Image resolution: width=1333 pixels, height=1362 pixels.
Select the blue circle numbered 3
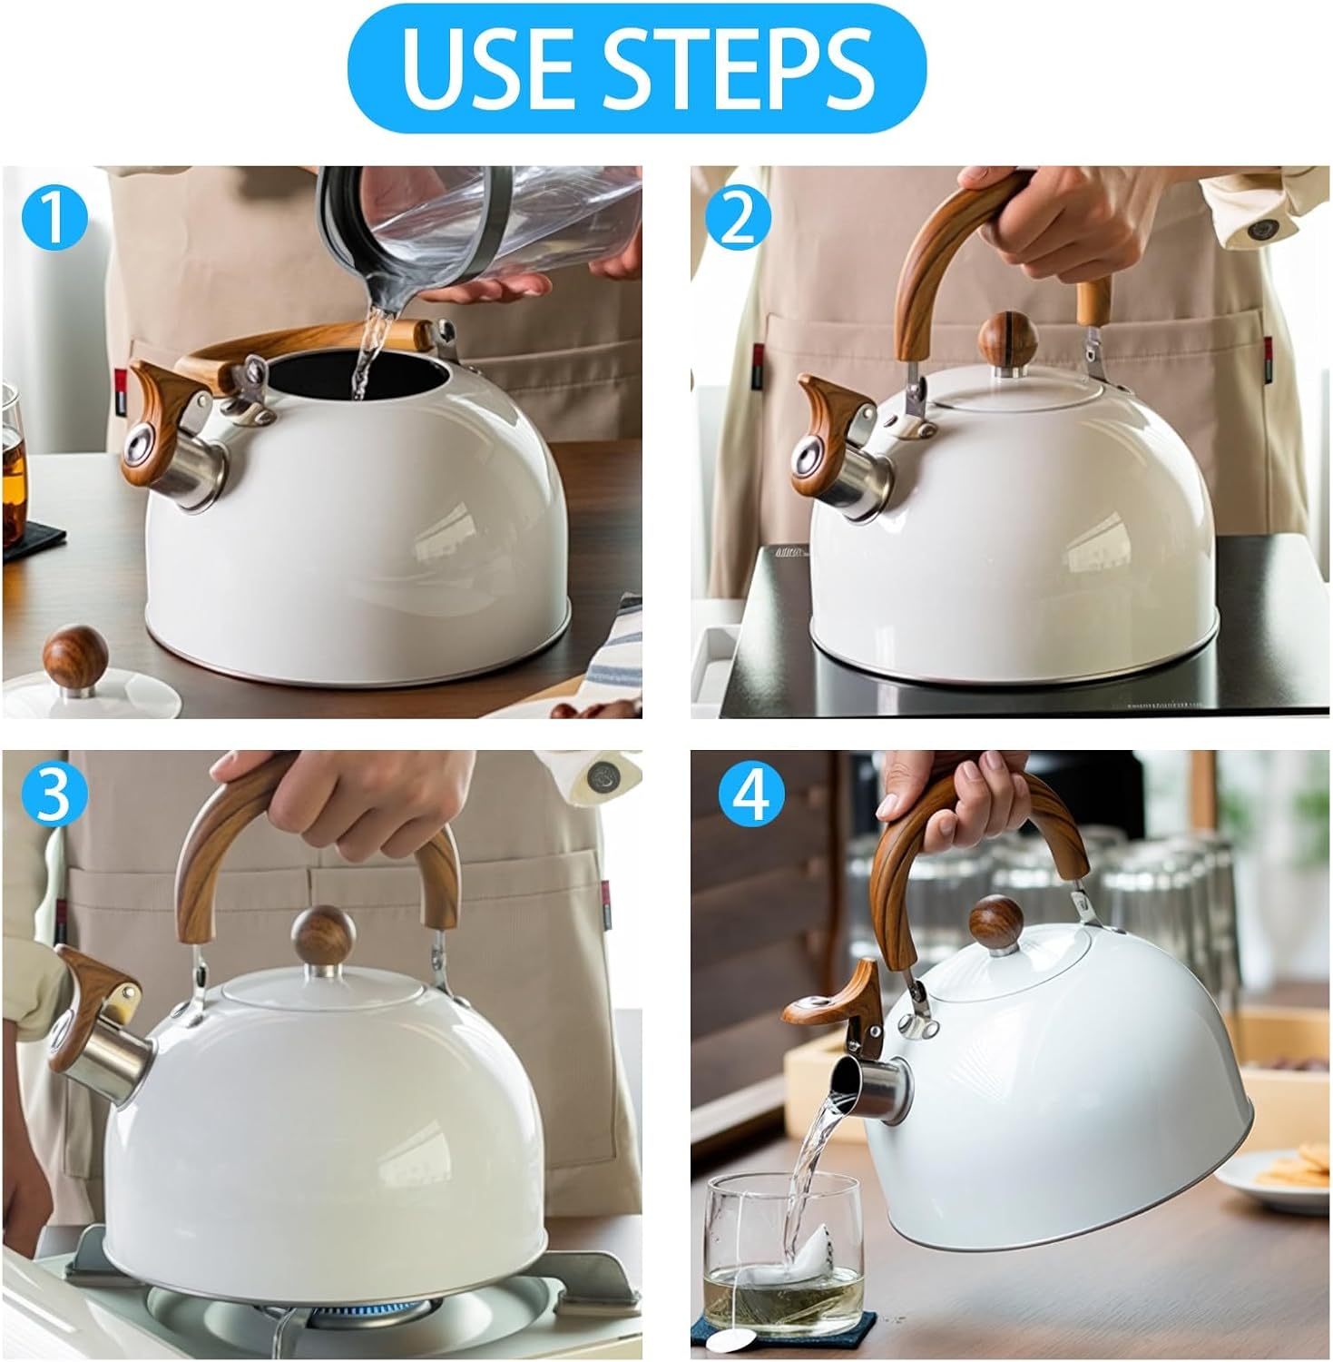click(55, 796)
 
